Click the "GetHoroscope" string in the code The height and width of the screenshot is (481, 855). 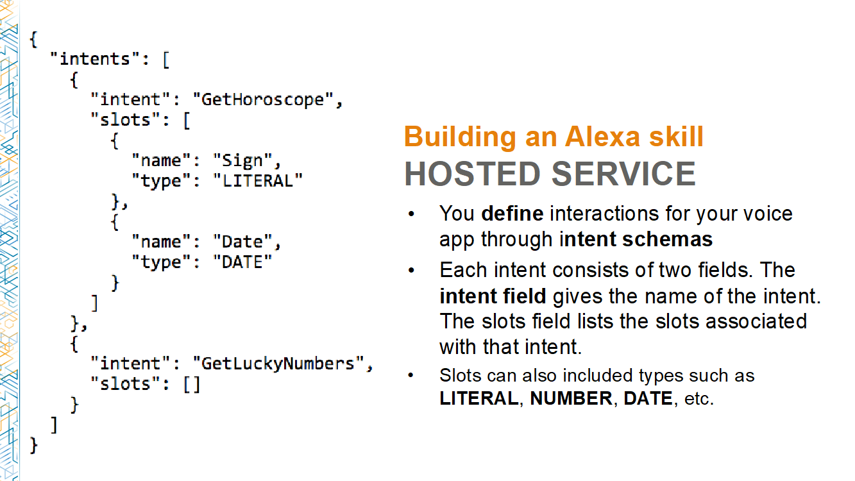(262, 100)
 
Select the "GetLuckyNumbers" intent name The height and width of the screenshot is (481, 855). (278, 364)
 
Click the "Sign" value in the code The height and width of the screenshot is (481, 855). (242, 161)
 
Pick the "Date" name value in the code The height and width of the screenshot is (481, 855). (242, 242)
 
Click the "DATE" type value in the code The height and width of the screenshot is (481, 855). (242, 262)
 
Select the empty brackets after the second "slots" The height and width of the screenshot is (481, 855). (192, 384)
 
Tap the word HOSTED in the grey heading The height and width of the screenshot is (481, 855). (472, 174)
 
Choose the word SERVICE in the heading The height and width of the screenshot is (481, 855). (623, 174)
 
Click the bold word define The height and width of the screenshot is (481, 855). (512, 214)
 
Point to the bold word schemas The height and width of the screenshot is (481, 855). (667, 239)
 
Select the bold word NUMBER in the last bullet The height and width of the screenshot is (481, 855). (571, 398)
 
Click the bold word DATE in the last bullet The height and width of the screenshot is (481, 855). (648, 398)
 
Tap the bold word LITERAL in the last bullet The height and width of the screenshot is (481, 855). (479, 398)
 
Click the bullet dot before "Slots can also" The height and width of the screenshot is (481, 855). (411, 376)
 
